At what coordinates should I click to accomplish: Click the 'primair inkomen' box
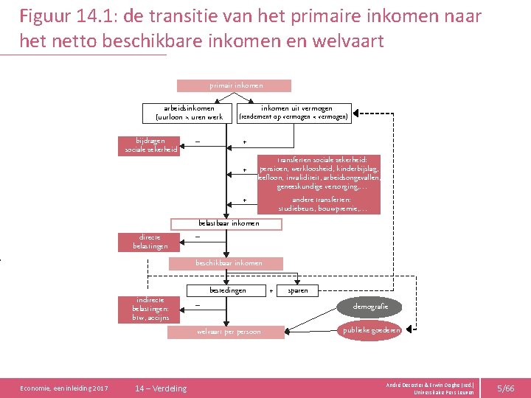click(x=235, y=85)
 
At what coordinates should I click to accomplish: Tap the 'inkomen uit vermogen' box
click(x=293, y=112)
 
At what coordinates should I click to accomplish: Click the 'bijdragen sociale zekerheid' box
click(x=150, y=145)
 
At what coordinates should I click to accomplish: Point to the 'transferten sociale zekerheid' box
click(x=319, y=173)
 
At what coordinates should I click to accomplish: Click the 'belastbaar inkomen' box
click(x=229, y=223)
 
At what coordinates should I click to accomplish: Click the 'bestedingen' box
click(x=227, y=290)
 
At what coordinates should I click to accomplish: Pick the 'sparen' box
click(x=298, y=290)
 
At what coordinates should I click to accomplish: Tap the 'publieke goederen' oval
click(x=371, y=331)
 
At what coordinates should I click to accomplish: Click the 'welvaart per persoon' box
click(x=228, y=332)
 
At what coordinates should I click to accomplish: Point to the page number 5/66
click(x=505, y=388)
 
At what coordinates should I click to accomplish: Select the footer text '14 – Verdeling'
click(x=161, y=388)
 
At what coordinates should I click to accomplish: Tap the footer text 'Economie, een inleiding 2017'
click(x=64, y=388)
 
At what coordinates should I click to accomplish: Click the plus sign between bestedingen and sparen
click(x=271, y=290)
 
